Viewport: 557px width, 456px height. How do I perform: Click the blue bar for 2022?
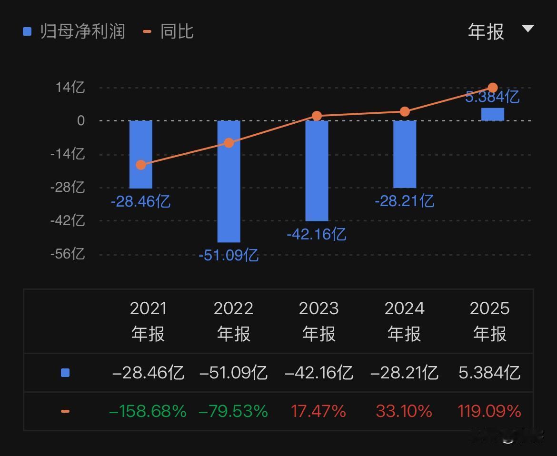tap(229, 181)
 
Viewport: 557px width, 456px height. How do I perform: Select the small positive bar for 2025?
tap(493, 114)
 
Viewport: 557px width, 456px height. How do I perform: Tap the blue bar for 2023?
tap(317, 170)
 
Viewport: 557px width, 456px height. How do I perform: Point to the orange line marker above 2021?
tap(141, 165)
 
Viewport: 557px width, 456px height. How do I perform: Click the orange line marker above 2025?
tap(493, 88)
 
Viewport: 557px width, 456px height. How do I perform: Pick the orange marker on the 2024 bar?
tap(405, 111)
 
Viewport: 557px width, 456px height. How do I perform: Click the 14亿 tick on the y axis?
tap(70, 87)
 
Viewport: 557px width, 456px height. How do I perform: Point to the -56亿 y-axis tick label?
tap(68, 254)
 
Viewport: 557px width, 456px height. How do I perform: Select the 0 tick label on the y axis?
tap(80, 120)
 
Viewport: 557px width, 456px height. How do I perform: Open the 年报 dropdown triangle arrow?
tap(527, 29)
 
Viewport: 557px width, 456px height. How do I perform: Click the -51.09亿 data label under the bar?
tap(229, 256)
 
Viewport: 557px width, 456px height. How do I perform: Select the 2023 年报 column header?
tap(318, 321)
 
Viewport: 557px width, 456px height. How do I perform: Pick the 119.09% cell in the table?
tap(489, 411)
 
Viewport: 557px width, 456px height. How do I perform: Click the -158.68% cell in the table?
tap(148, 411)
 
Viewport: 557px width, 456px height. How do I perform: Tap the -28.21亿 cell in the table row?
tap(404, 373)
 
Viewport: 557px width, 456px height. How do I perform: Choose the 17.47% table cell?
tap(318, 411)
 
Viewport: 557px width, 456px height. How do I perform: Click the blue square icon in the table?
tap(65, 373)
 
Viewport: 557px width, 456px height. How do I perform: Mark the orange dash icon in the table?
tap(65, 411)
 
